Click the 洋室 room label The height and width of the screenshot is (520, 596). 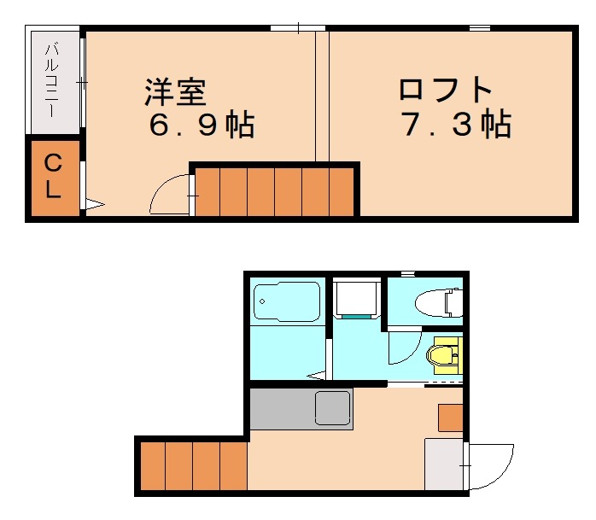(177, 91)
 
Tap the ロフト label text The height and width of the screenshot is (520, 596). (446, 91)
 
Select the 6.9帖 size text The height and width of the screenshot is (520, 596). (202, 126)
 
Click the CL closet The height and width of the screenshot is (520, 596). (53, 176)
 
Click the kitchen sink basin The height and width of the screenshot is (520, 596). (333, 407)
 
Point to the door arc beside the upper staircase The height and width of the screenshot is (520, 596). (169, 194)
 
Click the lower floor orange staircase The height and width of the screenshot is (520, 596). (193, 465)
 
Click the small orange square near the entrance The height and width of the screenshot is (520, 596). (451, 418)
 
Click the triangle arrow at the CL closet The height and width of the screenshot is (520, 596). (93, 204)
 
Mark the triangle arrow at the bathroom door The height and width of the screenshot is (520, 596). (318, 375)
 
